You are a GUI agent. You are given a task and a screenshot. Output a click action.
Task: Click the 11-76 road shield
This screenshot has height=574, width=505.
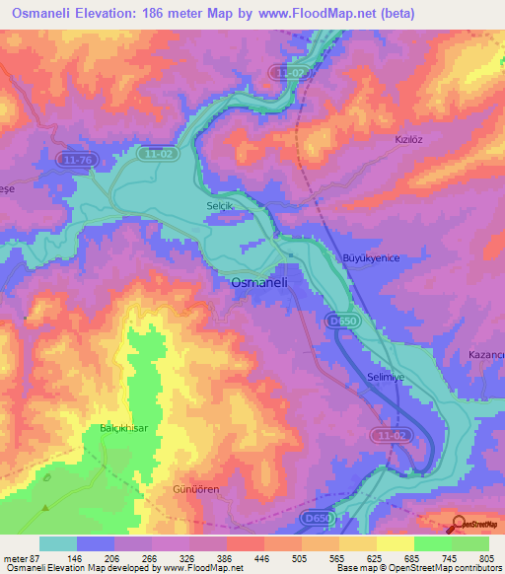coord(75,159)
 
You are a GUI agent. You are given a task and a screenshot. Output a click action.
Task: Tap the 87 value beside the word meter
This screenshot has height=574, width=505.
coord(36,559)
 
